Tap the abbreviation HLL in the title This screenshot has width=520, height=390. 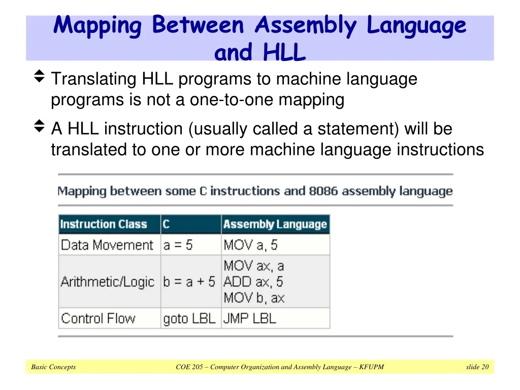pyautogui.click(x=284, y=52)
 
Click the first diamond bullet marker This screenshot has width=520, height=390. pyautogui.click(x=39, y=76)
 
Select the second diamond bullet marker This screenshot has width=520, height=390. pyautogui.click(x=39, y=126)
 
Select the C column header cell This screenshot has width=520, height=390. pyautogui.click(x=191, y=224)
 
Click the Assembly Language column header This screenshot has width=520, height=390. pyautogui.click(x=275, y=224)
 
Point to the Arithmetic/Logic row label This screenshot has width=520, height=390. pyautogui.click(x=108, y=282)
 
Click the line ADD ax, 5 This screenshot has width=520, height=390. pyautogui.click(x=253, y=282)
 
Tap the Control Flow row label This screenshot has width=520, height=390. pyautogui.click(x=98, y=318)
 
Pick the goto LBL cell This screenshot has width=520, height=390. pyautogui.click(x=189, y=319)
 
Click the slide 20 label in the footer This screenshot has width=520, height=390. pyautogui.click(x=477, y=367)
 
